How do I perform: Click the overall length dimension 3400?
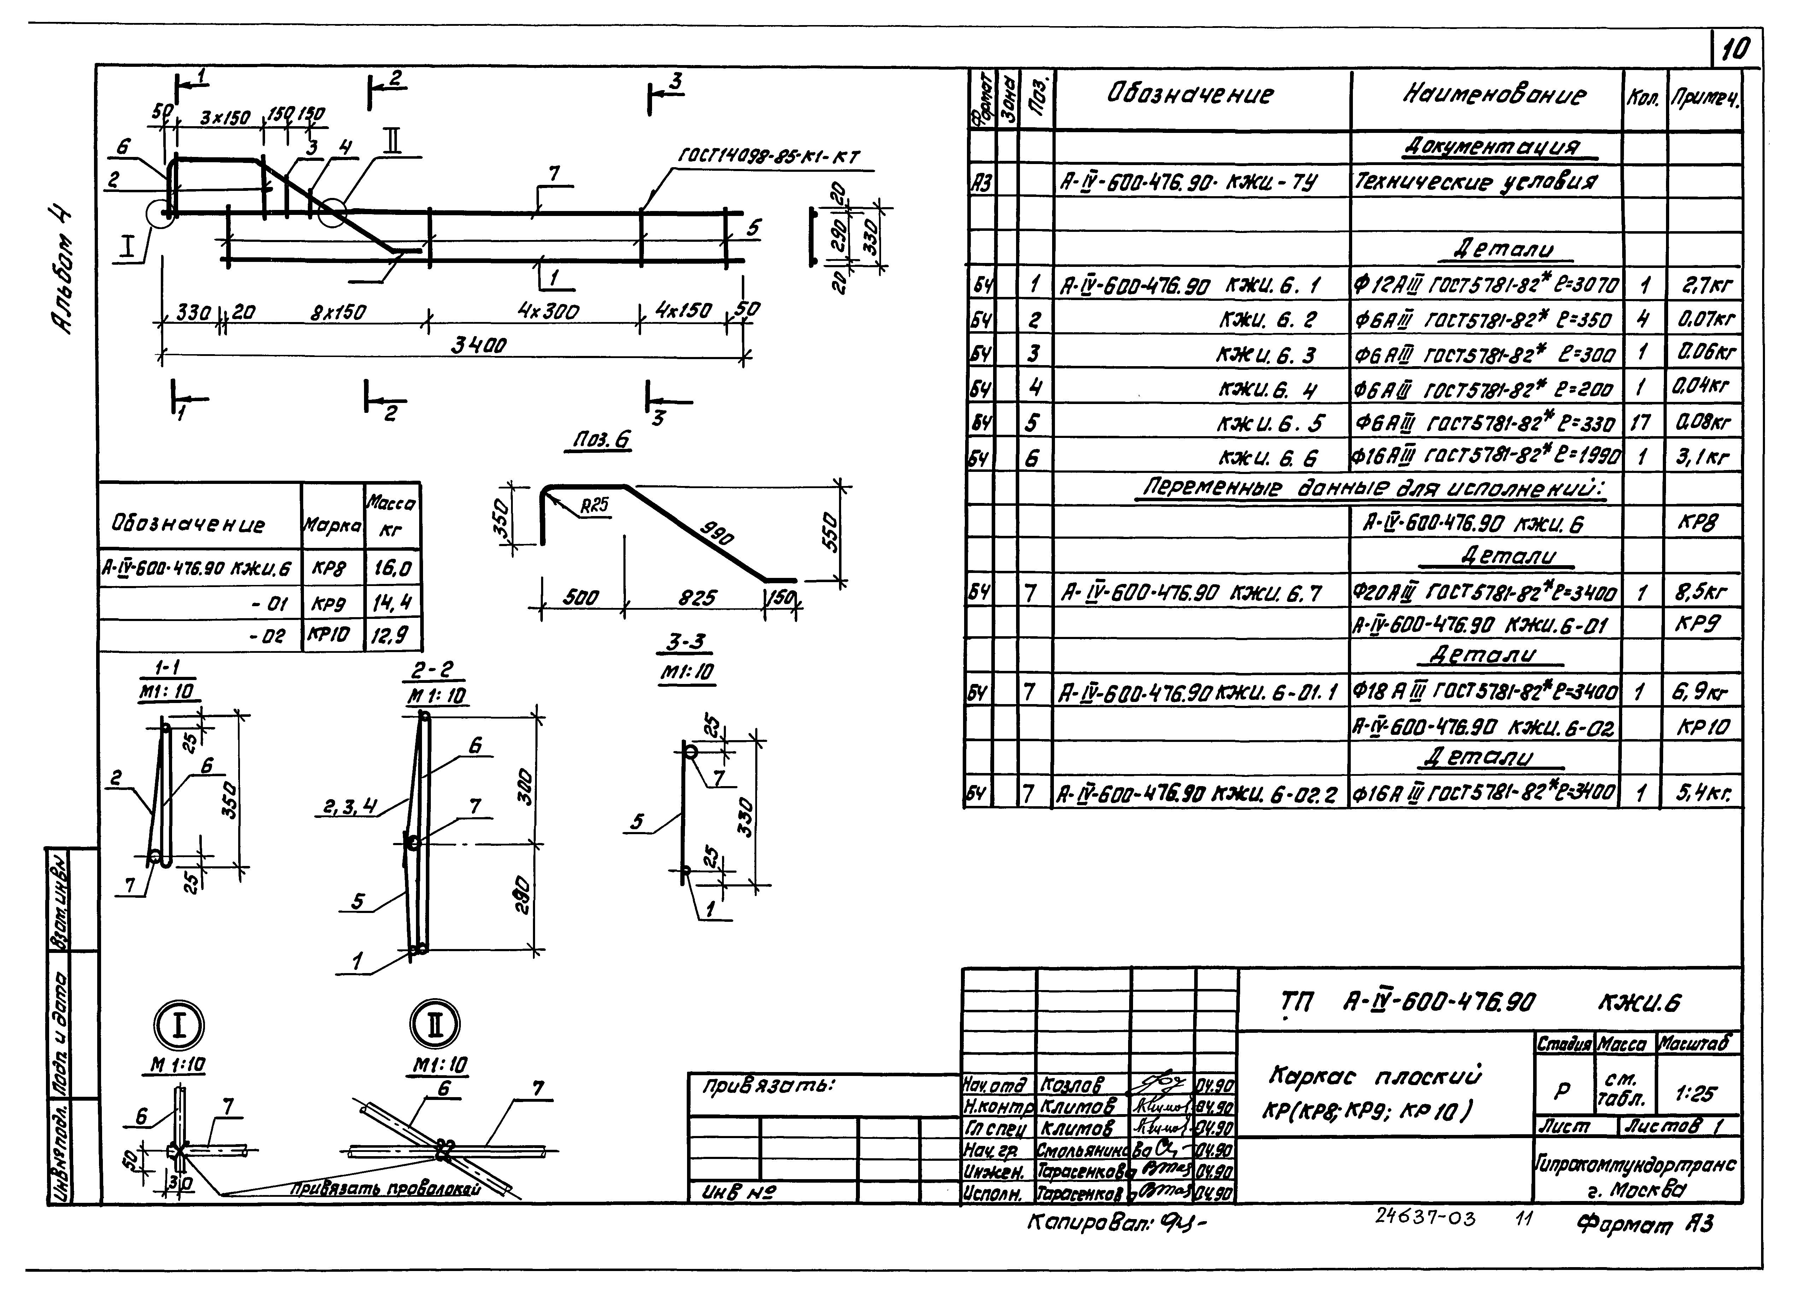(x=478, y=345)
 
